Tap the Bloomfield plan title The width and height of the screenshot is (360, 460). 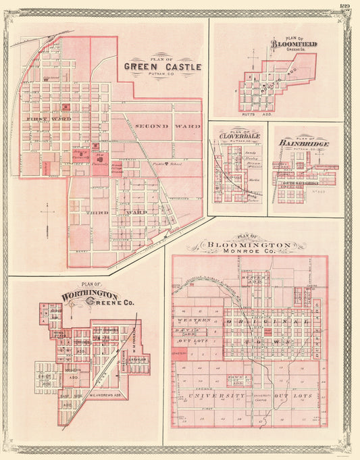click(x=295, y=45)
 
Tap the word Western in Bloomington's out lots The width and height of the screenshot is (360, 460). click(x=192, y=320)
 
